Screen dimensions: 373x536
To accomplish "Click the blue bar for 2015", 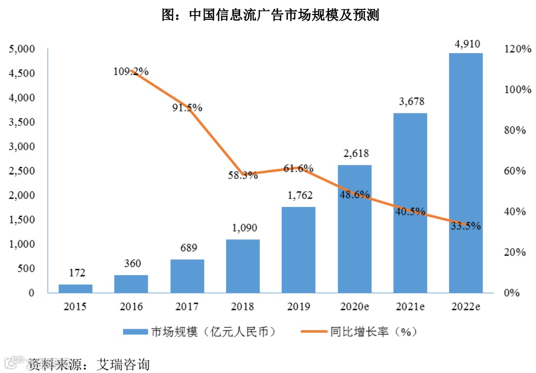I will (75, 288).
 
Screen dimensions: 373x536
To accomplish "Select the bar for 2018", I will (243, 266).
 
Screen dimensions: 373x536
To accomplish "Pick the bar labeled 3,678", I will (410, 203).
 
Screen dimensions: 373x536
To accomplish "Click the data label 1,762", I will (299, 197).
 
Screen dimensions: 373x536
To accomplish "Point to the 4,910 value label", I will (466, 44).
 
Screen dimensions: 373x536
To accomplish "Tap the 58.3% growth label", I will (243, 175).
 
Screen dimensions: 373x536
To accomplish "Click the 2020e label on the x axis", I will (355, 306).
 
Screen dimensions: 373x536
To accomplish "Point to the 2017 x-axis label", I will (187, 306).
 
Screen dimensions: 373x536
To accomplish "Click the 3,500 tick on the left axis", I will (21, 122).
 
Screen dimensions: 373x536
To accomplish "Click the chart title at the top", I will (271, 16).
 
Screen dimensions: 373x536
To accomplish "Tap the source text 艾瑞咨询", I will (122, 364).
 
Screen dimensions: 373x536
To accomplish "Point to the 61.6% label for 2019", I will (298, 168).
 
